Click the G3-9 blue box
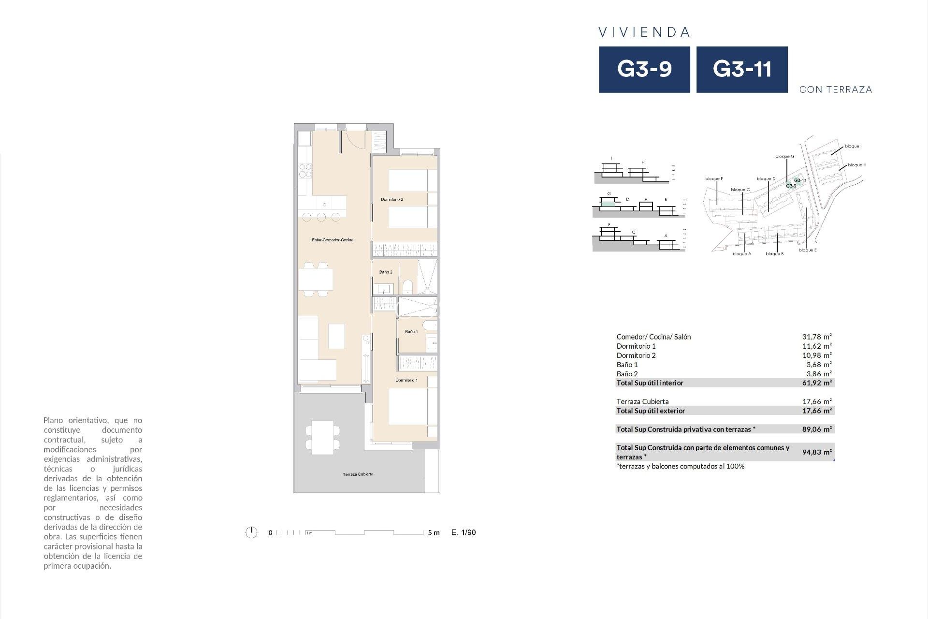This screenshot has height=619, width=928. click(644, 69)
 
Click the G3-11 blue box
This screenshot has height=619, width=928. click(741, 69)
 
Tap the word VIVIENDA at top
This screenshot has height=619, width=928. click(644, 32)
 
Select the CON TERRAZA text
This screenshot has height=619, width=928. click(835, 89)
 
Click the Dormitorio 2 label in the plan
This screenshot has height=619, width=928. click(391, 199)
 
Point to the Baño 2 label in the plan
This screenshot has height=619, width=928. click(385, 272)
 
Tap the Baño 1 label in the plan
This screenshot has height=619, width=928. click(411, 332)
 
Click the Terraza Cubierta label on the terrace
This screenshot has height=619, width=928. click(358, 474)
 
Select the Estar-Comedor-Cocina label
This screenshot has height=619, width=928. click(333, 240)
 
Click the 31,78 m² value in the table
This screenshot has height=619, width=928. click(817, 337)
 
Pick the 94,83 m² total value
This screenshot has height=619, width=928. click(817, 452)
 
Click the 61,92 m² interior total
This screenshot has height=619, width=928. click(817, 383)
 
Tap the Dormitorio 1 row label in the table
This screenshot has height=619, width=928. click(636, 346)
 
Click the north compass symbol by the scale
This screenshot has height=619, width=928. click(251, 532)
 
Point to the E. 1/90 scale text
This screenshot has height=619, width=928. click(464, 532)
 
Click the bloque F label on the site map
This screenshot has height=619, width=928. click(714, 179)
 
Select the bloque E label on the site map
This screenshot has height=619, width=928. click(808, 251)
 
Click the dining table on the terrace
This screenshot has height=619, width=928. click(322, 437)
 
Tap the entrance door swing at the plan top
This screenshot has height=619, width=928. click(352, 140)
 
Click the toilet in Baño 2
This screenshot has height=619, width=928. click(407, 287)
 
